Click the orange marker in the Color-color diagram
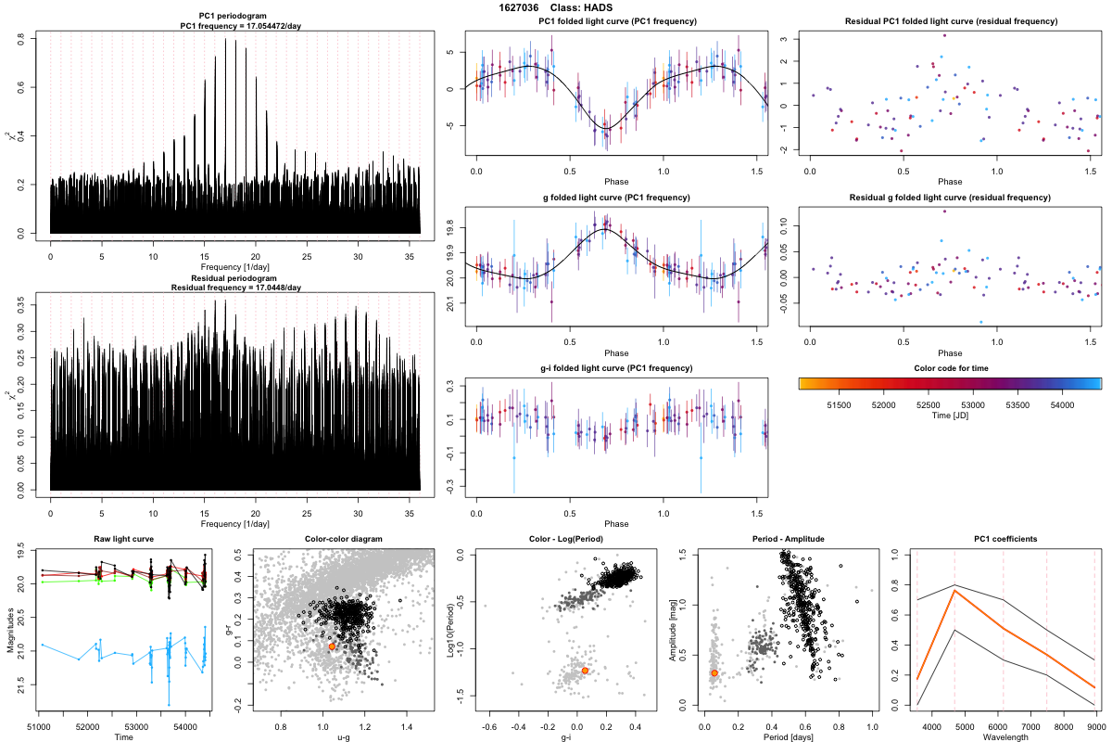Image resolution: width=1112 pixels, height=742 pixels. tap(332, 646)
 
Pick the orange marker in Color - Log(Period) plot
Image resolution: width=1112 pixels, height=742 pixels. tap(585, 670)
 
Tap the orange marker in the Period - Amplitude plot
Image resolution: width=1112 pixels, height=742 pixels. tap(714, 672)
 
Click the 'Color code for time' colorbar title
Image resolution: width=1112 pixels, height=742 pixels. tap(950, 368)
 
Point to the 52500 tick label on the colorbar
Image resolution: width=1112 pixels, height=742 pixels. tap(927, 405)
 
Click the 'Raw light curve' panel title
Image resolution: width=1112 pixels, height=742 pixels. tap(124, 540)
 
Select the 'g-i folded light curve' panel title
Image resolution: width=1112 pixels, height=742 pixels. tap(616, 368)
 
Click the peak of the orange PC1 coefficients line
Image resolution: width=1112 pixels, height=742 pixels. tap(954, 590)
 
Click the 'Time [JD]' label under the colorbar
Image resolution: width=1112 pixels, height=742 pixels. tap(950, 417)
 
